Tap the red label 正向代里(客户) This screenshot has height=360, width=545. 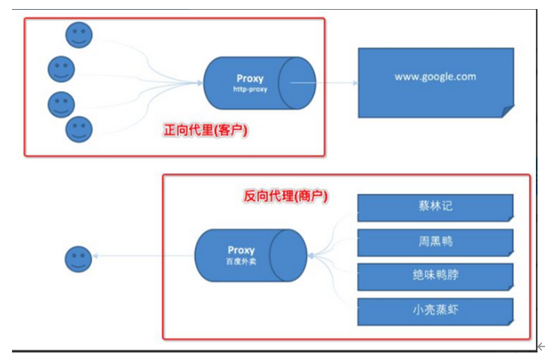[206, 130]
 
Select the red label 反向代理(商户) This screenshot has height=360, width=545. [289, 195]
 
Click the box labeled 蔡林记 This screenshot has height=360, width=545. [435, 206]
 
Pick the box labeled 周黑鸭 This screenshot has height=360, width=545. [435, 241]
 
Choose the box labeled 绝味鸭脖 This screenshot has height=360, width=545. [435, 276]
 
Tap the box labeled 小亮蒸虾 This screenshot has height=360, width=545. [435, 310]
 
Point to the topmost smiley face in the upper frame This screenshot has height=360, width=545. [78, 34]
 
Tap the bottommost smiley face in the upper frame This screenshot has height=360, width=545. [78, 129]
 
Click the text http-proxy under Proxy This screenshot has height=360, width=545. [250, 89]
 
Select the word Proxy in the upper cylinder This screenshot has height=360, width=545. [250, 78]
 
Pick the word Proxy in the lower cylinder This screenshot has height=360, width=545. [241, 250]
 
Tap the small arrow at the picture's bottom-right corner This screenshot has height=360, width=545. [540, 346]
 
